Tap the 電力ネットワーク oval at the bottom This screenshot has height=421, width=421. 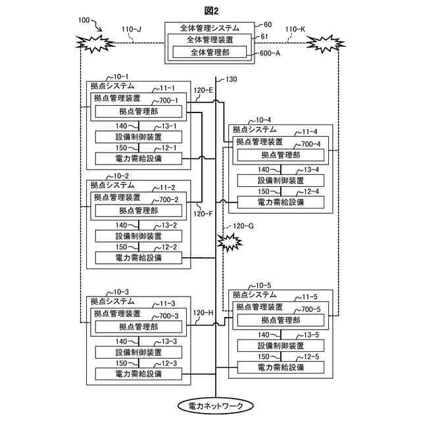215,406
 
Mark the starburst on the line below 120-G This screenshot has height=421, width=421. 229,244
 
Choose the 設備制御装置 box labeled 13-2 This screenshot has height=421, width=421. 139,236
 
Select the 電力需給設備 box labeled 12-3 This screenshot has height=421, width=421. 139,374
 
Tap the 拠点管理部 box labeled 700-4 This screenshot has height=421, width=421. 281,155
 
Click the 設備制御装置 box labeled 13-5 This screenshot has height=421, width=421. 281,346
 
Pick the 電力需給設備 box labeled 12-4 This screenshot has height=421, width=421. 281,202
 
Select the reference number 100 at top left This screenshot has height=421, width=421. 84,21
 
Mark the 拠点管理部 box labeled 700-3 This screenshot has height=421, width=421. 139,327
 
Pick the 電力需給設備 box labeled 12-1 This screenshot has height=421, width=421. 139,159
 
